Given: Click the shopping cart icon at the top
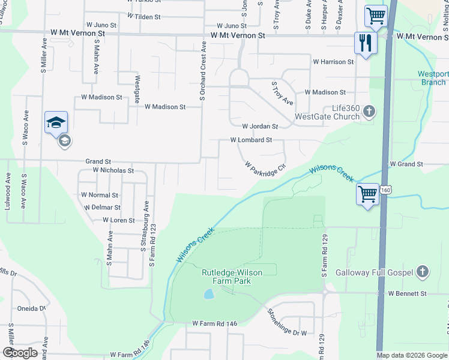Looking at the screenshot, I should click(376, 15).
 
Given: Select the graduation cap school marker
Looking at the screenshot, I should click(56, 122).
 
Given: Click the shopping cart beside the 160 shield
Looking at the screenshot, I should click(367, 194).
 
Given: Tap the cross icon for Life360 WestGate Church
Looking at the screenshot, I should click(369, 112).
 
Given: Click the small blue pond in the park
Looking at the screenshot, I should click(208, 294).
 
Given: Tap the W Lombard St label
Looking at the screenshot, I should click(252, 140).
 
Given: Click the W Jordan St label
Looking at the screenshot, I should click(260, 127).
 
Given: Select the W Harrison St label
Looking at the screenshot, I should click(333, 62).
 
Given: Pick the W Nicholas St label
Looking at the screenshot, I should click(113, 170).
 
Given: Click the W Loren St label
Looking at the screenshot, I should click(119, 220).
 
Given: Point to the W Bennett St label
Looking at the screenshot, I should click(407, 293).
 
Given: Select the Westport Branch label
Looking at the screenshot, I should click(433, 79).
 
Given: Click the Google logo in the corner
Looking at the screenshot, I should click(20, 353).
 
